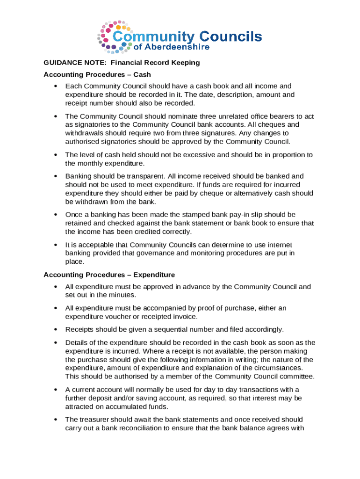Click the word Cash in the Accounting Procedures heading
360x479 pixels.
(142, 74)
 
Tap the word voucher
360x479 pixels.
(119, 317)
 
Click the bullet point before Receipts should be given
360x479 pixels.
(56, 329)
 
